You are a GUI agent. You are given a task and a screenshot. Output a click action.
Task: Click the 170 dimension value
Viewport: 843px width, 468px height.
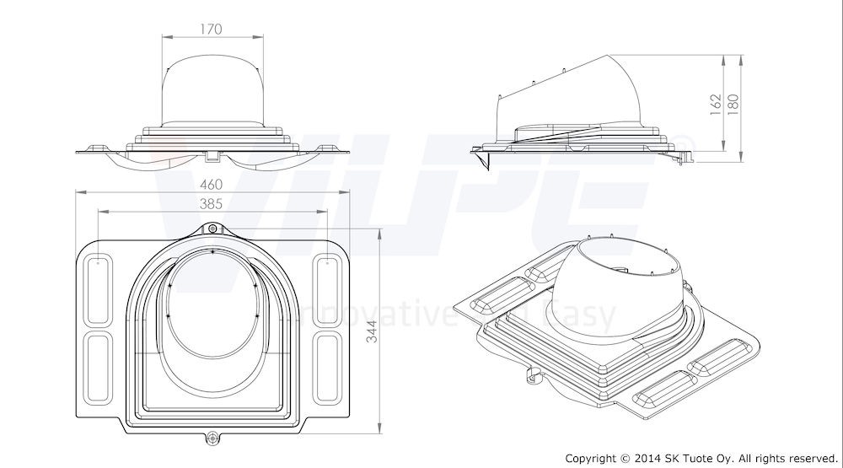click(x=211, y=30)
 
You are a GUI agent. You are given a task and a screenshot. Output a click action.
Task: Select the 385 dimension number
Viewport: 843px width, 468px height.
click(x=212, y=203)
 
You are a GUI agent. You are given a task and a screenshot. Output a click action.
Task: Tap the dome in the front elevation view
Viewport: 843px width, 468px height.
click(x=211, y=93)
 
